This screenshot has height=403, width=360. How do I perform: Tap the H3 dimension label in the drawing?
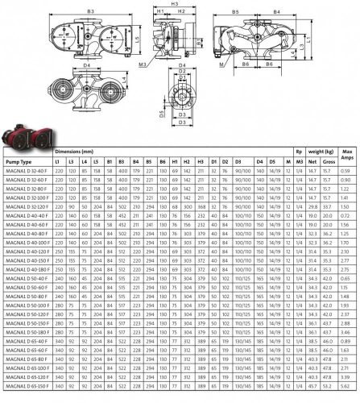coord(176,4)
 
